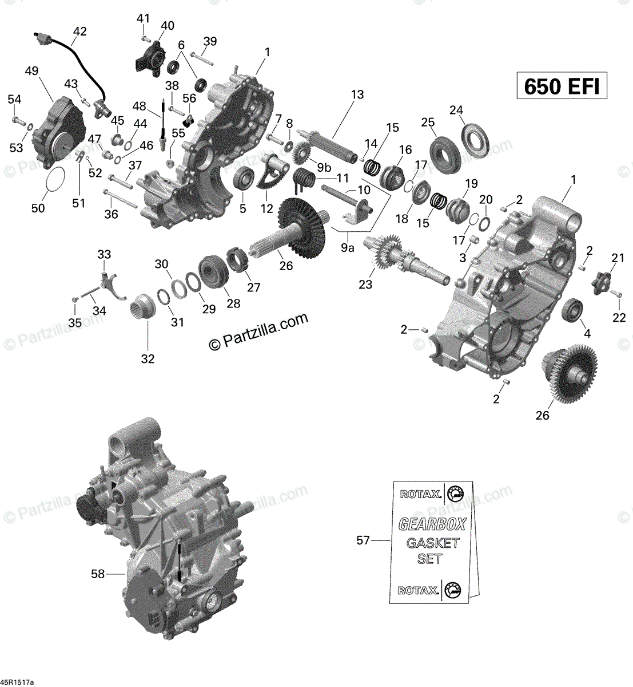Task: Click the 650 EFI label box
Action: (562, 86)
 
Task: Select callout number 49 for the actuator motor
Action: (31, 71)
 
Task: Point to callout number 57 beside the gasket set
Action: (363, 540)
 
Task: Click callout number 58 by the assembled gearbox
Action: (98, 574)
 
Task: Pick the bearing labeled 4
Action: (572, 311)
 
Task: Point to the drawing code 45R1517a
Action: (18, 682)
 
